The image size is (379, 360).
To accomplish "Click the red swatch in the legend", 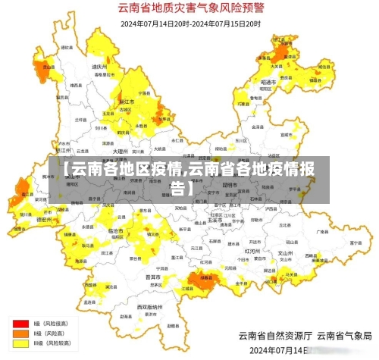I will [20, 322].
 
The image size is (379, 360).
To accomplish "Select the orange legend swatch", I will [20, 333].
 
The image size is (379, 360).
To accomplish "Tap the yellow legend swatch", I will [20, 343].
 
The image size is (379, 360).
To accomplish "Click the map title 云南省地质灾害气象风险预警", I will [190, 9].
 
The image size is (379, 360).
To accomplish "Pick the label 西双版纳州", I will [151, 306].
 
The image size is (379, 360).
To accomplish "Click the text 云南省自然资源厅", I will [273, 335].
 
